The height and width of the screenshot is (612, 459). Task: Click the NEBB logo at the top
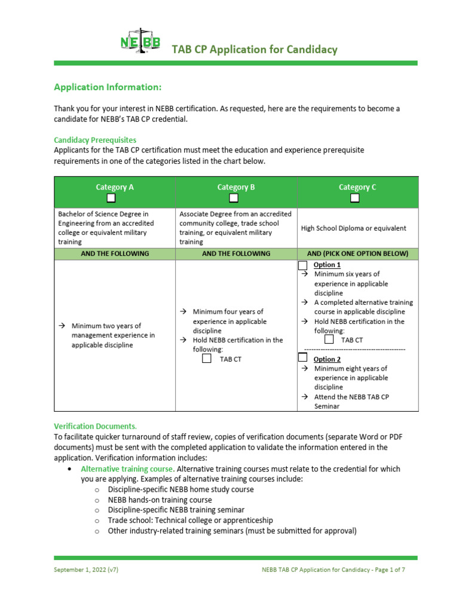click(x=140, y=42)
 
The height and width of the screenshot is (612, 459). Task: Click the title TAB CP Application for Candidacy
click(x=255, y=50)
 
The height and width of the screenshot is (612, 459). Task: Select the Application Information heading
click(x=108, y=87)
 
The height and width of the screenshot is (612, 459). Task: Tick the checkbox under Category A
click(x=111, y=198)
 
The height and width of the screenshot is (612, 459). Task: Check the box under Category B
click(x=234, y=198)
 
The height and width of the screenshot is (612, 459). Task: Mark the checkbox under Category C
click(x=355, y=198)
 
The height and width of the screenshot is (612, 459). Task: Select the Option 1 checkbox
click(x=303, y=265)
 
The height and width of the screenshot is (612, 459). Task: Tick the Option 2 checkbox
click(x=303, y=357)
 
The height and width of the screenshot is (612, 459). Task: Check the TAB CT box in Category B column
click(x=207, y=359)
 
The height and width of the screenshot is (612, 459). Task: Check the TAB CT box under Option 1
click(x=329, y=339)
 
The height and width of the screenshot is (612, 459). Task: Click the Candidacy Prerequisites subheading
click(x=95, y=140)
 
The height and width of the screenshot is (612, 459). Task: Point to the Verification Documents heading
click(x=95, y=426)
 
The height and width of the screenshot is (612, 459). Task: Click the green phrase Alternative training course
click(x=127, y=469)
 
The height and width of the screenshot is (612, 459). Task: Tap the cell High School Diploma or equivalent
click(x=354, y=228)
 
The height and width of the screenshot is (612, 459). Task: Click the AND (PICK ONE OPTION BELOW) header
click(x=357, y=253)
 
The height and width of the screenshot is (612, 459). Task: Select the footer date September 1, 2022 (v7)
click(x=86, y=570)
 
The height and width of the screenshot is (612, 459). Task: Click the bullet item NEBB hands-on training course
click(x=160, y=500)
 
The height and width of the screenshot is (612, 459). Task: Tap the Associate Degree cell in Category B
click(x=235, y=228)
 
